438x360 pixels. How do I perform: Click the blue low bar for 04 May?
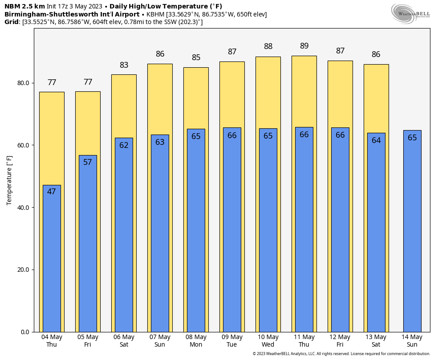52,258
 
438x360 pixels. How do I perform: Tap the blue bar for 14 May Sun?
412,232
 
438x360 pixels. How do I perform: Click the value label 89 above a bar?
304,46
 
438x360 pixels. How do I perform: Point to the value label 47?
52,192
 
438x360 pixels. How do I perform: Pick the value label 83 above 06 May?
124,65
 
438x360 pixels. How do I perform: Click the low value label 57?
88,162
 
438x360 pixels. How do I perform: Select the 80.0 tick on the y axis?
23,83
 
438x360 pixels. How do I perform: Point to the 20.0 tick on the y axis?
23,270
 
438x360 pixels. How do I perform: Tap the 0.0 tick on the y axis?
25,332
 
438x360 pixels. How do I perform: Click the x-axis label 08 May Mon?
196,341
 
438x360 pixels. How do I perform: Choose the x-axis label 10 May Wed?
268,341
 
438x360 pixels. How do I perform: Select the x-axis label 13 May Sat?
376,341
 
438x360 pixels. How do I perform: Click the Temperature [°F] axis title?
9,180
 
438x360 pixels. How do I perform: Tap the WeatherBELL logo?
410,13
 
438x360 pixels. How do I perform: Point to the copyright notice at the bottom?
341,354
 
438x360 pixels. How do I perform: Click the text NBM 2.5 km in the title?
24,6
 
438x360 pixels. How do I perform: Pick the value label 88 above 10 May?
268,46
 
